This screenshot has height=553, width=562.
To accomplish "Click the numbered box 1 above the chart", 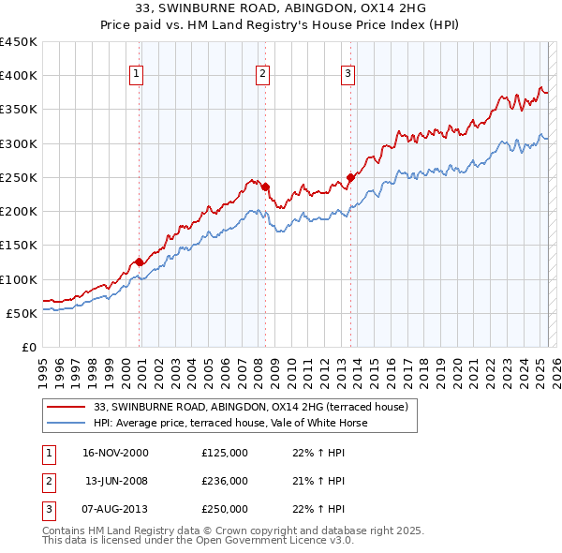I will pos(137,74).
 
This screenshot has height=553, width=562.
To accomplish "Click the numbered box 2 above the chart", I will pos(263,74).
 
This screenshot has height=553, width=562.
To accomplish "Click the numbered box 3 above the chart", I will pos(348,74).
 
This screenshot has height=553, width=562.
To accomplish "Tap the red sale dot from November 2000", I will pos(140,262).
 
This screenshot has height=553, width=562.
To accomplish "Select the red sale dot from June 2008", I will pos(265,187).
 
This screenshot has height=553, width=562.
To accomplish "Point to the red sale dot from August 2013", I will pos(350,177).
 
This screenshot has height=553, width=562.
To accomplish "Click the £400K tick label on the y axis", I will pos(19,76).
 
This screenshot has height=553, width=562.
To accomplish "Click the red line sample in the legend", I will pos(65,408).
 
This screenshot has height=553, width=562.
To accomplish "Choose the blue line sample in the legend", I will pos(65,423).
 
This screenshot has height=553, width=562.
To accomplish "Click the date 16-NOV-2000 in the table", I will pos(115,453).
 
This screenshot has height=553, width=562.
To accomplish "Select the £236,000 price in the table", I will pos(225,481).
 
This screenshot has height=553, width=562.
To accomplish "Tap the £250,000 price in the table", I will pos(225,509).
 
